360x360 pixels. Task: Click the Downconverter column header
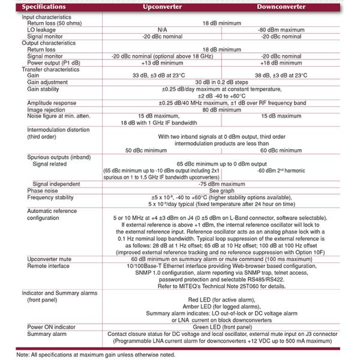[281, 7]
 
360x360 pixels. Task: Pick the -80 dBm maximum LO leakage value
[282, 29]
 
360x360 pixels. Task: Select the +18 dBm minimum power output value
[282, 62]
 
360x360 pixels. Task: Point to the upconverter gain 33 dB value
[162, 75]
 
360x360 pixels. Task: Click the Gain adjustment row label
[47, 82]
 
